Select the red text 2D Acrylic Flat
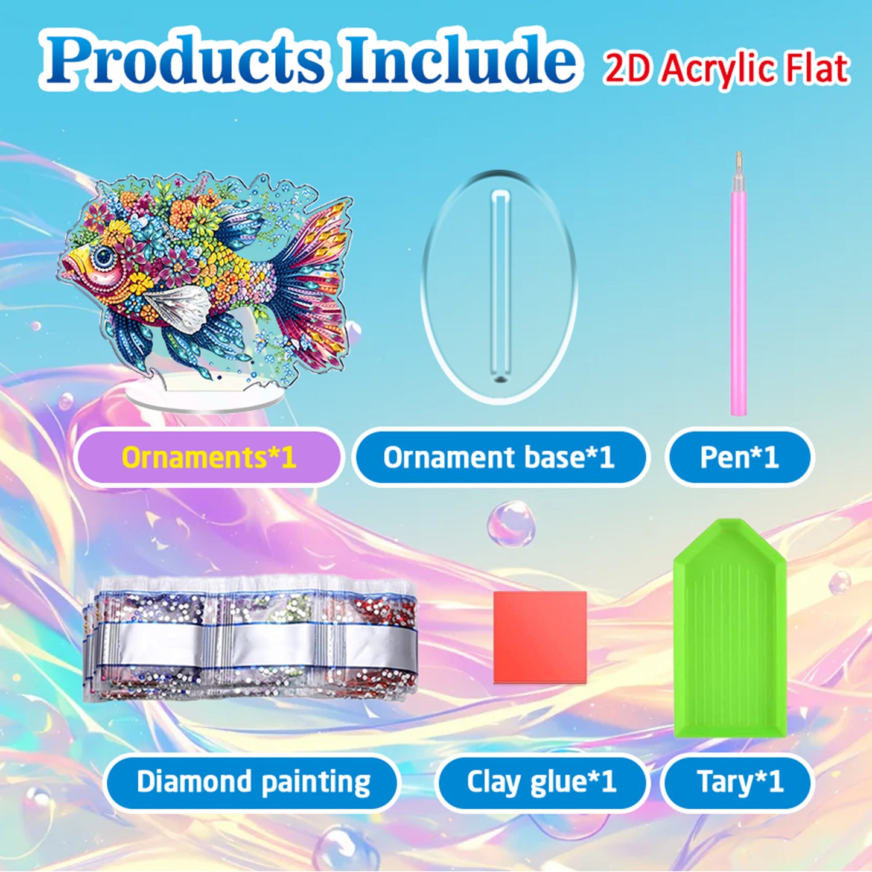727,68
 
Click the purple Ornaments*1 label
208,457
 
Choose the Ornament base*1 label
498,457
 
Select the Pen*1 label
739,457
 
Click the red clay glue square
540,637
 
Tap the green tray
730,628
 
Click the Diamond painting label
253,782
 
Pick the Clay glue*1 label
541,782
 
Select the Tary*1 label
740,782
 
